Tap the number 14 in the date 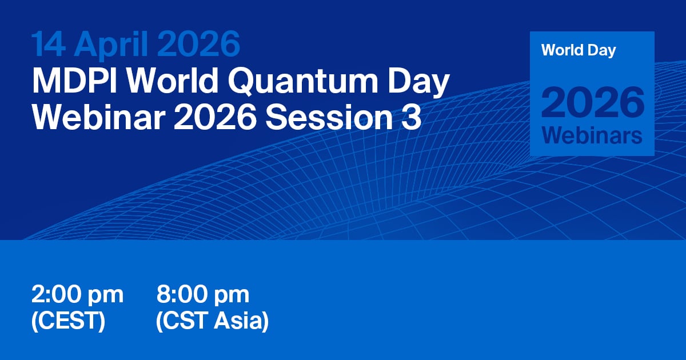tap(49, 44)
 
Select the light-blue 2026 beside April tap(199, 44)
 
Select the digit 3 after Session tap(411, 118)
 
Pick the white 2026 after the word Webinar tap(215, 118)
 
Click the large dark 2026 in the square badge tap(593, 102)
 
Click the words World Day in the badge tap(579, 50)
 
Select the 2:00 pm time tap(78, 295)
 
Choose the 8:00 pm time tap(203, 295)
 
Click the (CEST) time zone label tap(68, 321)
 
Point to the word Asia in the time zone tap(241, 321)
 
